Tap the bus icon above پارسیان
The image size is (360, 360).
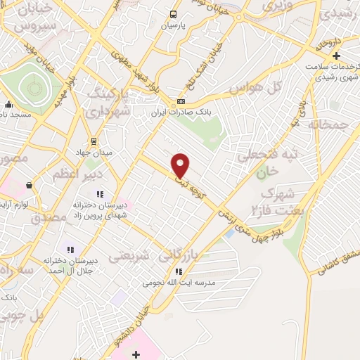(x=174, y=14)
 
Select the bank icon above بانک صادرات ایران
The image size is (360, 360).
(x=181, y=101)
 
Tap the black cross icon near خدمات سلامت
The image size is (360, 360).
(x=337, y=56)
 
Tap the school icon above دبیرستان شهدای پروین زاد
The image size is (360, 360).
(x=100, y=193)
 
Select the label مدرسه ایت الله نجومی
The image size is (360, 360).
(x=178, y=283)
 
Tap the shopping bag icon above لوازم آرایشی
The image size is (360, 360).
(x=29, y=186)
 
